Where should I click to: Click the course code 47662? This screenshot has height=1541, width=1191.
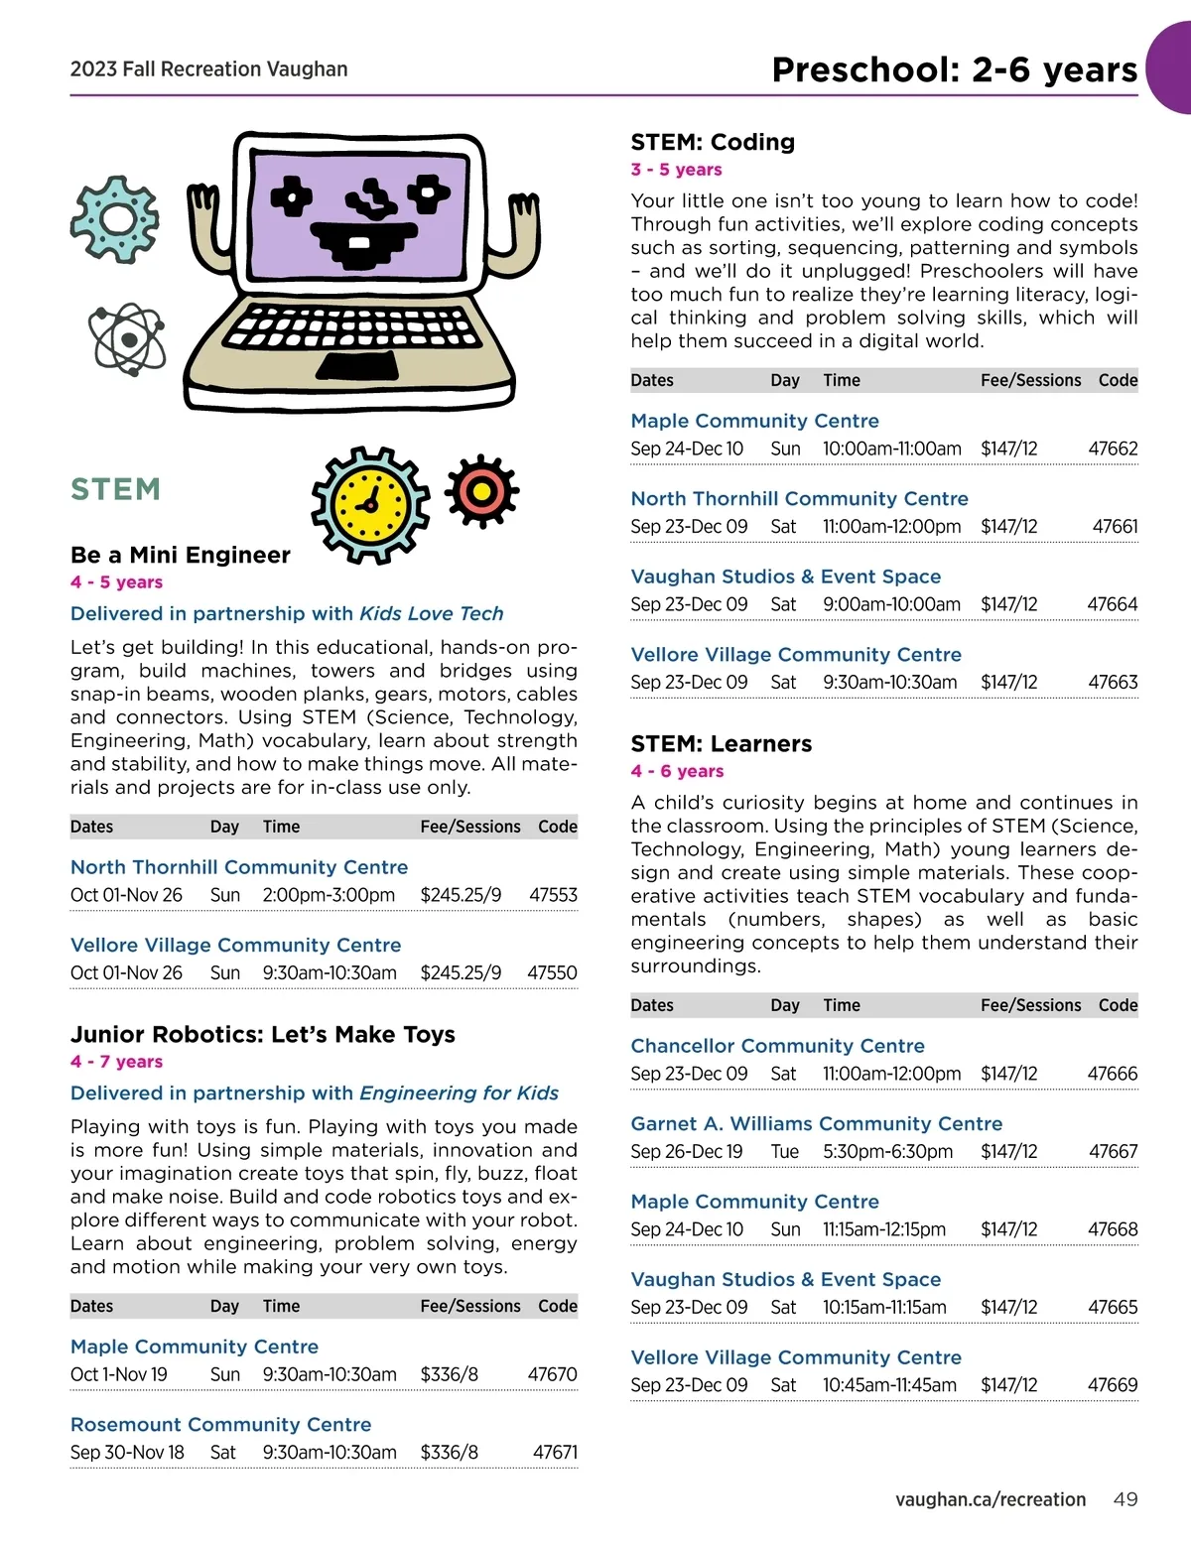point(1113,449)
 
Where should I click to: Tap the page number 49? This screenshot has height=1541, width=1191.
point(1125,1499)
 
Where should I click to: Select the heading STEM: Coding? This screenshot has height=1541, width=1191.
point(713,142)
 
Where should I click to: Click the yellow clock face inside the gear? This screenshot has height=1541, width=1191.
point(371,504)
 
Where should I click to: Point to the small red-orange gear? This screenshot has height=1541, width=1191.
point(481,491)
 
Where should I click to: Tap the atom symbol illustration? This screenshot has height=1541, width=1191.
point(127,339)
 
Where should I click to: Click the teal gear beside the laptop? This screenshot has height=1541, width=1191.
point(115,219)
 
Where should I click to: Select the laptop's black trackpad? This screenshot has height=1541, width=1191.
point(357,366)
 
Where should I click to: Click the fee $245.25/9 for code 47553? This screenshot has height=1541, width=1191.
point(461,895)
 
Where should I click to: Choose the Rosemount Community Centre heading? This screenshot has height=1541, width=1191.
point(220,1425)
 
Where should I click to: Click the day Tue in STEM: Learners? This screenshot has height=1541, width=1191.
point(784,1151)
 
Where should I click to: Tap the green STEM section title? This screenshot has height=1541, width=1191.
point(115,489)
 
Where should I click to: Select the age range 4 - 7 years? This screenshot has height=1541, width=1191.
point(116,1062)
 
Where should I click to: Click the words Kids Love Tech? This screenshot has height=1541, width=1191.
point(432,613)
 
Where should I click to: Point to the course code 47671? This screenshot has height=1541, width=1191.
point(555,1453)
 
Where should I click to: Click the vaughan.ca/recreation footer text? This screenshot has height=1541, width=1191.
point(990,1499)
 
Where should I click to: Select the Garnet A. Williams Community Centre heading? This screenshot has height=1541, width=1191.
point(816,1123)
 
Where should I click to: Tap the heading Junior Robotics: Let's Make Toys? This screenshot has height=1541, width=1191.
point(262,1035)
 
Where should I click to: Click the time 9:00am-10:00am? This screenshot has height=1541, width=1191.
point(891,604)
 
